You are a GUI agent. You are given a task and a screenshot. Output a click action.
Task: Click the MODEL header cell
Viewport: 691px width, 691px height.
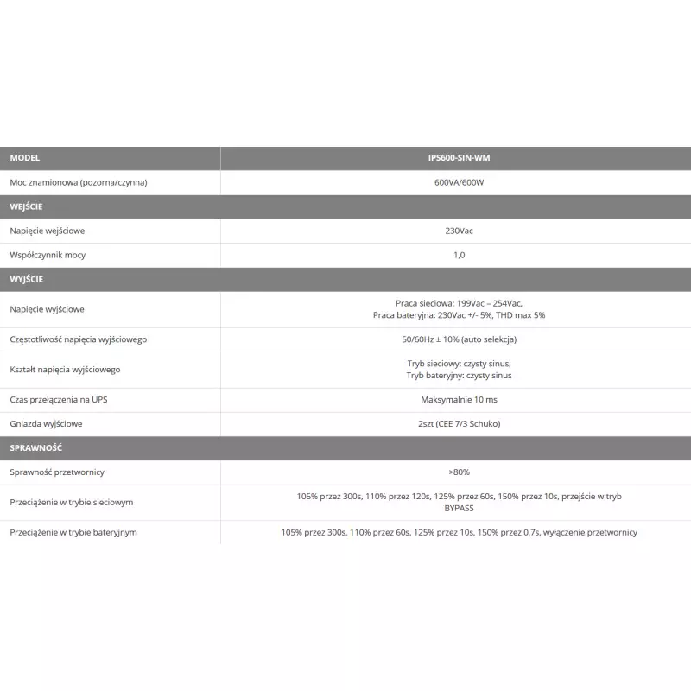[25, 158]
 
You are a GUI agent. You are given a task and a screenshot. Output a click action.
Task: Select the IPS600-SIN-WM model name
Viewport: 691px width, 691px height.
[459, 158]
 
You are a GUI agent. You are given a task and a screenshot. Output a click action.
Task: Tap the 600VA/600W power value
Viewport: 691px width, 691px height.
[459, 182]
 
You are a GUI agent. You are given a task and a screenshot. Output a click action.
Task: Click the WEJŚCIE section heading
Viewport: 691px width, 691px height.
[27, 206]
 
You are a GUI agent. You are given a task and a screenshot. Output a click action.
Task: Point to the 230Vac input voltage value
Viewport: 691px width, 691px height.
[459, 231]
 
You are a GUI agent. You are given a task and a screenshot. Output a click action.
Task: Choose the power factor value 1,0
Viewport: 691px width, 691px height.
[459, 255]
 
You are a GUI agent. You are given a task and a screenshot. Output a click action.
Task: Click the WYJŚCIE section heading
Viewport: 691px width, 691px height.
[27, 279]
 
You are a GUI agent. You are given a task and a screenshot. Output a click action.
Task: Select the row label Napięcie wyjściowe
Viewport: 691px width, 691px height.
[48, 309]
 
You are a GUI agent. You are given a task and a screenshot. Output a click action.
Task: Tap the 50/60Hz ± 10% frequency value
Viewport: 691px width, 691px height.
[459, 339]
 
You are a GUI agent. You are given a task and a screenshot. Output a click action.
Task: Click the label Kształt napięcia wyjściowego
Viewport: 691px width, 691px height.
[65, 370]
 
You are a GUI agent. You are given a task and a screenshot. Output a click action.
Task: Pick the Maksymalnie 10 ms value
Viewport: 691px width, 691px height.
[459, 400]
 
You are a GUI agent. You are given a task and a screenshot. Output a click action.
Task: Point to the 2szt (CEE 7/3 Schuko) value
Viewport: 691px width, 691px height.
[459, 424]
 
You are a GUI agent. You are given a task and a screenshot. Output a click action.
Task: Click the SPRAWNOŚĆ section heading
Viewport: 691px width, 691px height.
[35, 448]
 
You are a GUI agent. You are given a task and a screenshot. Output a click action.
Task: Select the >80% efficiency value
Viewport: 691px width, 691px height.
[459, 472]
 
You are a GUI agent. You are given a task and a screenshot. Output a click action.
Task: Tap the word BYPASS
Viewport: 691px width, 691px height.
[459, 509]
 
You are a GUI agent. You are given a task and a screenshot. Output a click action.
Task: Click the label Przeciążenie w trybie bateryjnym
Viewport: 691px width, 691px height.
[73, 532]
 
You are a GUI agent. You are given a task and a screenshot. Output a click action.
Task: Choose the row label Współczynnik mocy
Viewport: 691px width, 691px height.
[48, 255]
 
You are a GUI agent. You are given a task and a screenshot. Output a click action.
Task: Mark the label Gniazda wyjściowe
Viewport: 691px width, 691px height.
[47, 424]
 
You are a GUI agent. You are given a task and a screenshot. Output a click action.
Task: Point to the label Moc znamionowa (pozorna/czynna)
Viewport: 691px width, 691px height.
[79, 182]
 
